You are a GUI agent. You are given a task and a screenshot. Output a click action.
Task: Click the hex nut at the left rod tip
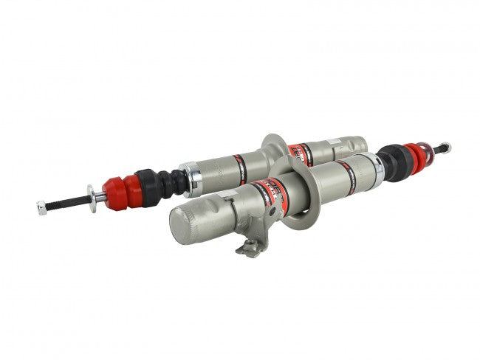(41, 208)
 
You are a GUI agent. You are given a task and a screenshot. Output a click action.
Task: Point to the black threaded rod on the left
(66, 201)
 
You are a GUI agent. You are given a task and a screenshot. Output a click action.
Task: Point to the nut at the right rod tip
(445, 147)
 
